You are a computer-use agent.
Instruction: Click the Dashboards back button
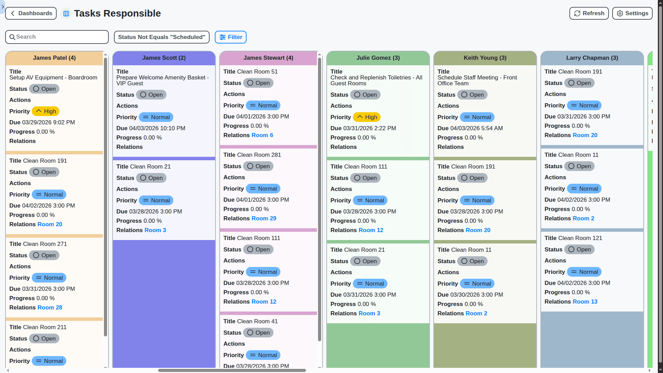click(x=31, y=13)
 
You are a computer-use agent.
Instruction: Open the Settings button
click(x=632, y=13)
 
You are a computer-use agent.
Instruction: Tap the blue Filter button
click(x=231, y=37)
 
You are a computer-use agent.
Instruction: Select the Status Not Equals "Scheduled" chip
click(x=162, y=37)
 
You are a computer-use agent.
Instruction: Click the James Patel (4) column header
click(x=54, y=58)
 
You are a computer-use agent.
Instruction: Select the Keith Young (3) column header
click(x=485, y=58)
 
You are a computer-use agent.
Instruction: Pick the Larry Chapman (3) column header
click(x=592, y=58)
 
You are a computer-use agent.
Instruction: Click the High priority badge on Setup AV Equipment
click(x=46, y=111)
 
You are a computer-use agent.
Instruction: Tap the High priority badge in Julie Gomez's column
click(x=367, y=117)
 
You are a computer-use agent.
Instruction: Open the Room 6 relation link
click(x=262, y=135)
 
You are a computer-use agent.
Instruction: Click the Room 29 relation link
click(x=264, y=219)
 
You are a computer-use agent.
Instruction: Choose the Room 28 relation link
click(x=50, y=308)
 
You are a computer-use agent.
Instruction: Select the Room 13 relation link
click(x=585, y=302)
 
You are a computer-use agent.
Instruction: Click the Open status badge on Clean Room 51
click(x=258, y=83)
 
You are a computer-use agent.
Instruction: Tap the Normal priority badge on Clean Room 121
click(x=584, y=272)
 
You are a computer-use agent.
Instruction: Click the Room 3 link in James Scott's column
click(x=155, y=230)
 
